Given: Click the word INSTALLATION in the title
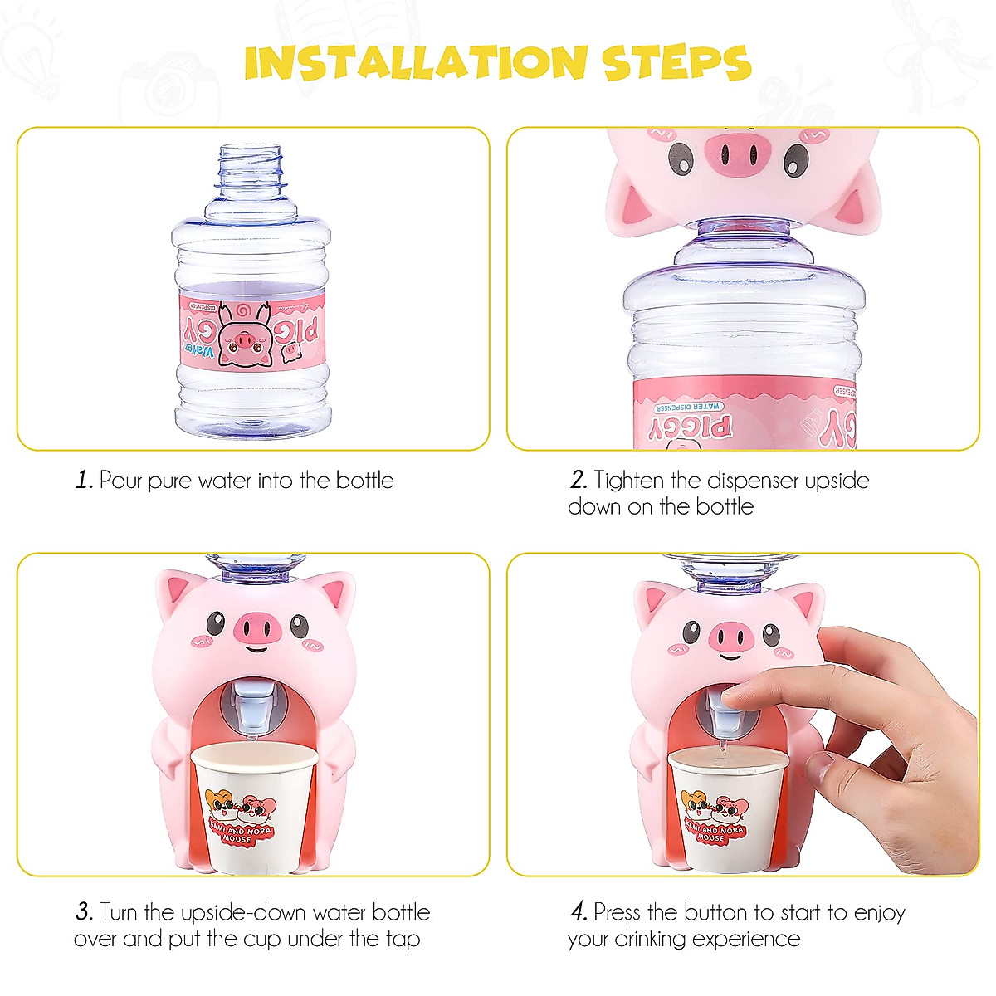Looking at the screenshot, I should click(415, 63).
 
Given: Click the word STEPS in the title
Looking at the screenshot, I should click(676, 63).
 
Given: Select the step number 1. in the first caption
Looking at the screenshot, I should click(84, 481).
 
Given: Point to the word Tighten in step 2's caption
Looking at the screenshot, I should click(628, 481).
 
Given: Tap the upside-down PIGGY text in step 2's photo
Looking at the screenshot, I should click(691, 427).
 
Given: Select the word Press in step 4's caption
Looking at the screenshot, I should click(618, 912).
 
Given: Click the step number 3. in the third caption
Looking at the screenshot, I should click(84, 912).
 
